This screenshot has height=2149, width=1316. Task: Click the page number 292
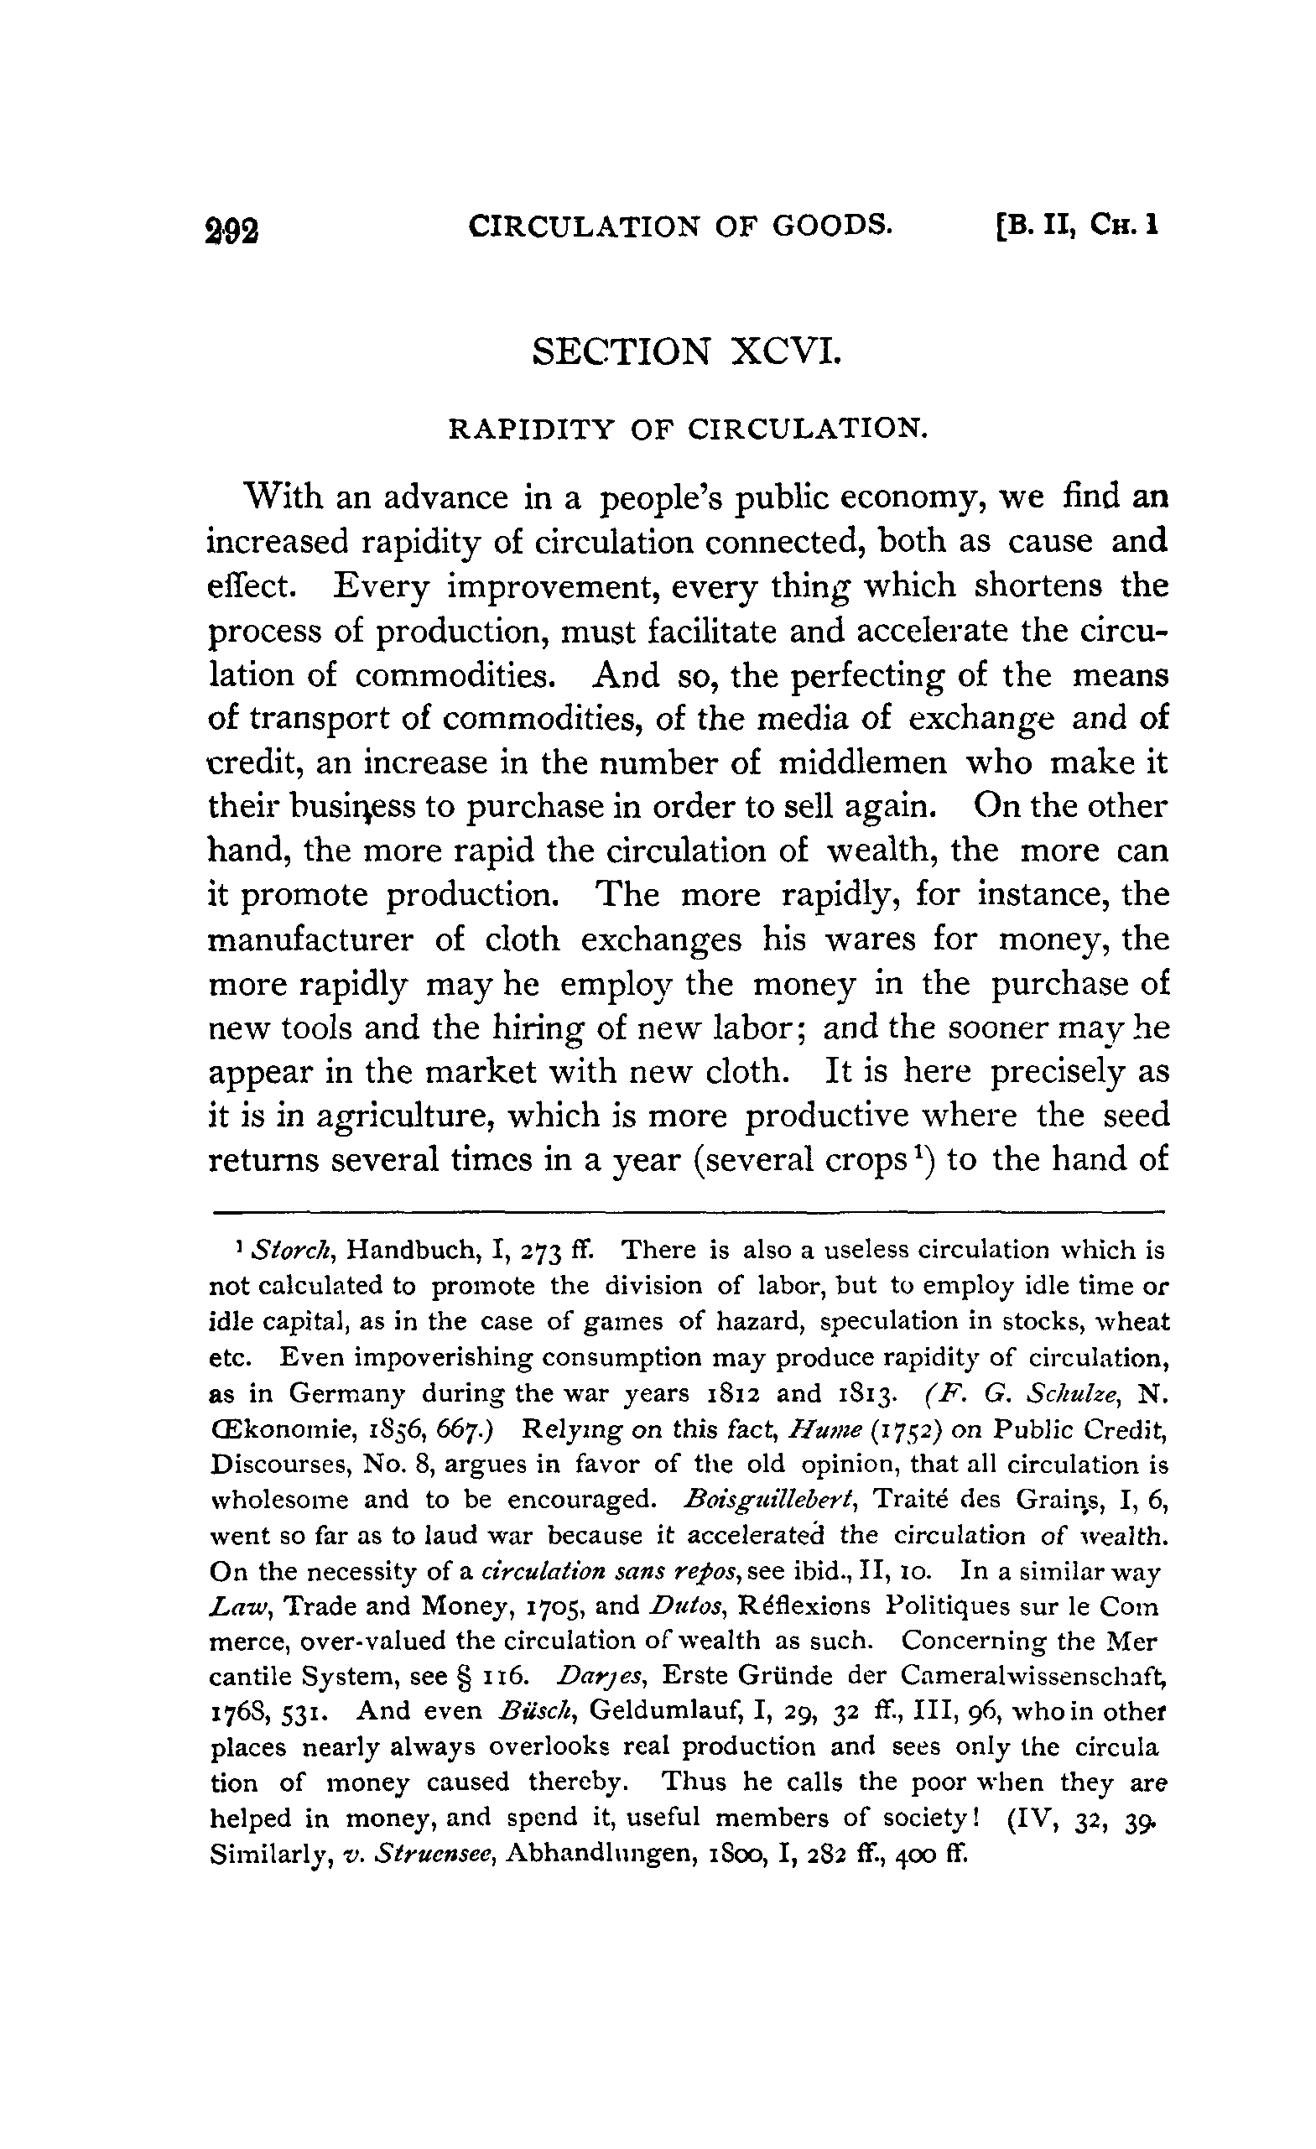[233, 229]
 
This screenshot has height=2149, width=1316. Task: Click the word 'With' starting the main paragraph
[278, 497]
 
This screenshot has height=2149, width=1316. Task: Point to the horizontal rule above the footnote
[686, 1211]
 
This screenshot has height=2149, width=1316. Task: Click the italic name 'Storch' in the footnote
[289, 1251]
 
